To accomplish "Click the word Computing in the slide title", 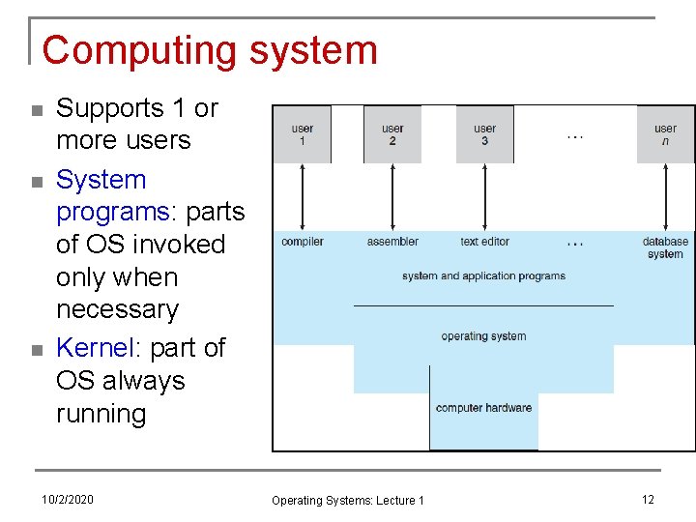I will [x=126, y=50].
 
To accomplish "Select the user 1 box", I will [x=303, y=134].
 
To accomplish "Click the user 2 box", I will [x=392, y=134].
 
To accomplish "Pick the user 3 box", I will [x=484, y=134].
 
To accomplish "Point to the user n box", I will [x=665, y=134].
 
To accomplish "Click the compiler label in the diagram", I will [x=303, y=242].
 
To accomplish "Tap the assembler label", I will [x=392, y=242].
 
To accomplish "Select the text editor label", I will [x=484, y=242].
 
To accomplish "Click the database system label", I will [x=665, y=247].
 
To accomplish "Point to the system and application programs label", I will [x=483, y=276].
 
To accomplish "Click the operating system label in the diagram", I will [x=483, y=336].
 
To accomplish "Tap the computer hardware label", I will [x=483, y=408].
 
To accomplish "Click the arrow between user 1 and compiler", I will [x=304, y=197].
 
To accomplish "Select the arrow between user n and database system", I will [x=666, y=197].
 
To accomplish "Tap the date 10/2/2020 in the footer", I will [x=68, y=499].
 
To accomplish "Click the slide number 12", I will [x=648, y=499].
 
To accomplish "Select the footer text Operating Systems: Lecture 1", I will [x=348, y=500].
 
